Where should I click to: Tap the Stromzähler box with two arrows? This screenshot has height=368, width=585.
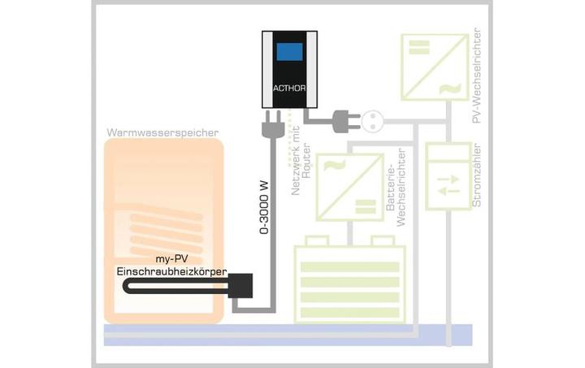(448, 180)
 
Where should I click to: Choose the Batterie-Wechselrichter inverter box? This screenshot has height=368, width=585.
(349, 186)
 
